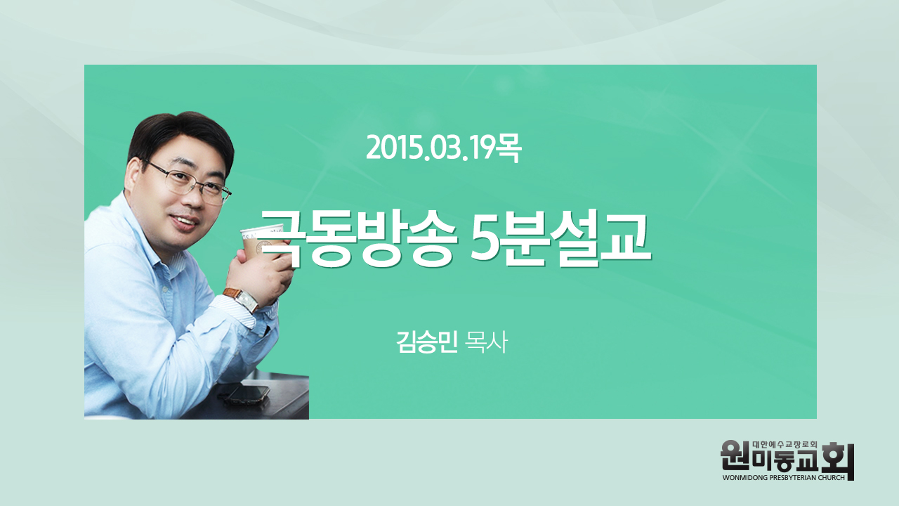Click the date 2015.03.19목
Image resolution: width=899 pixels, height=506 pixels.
coord(443,148)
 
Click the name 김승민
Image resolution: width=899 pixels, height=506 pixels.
coord(426,342)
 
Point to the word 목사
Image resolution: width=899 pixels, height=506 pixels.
coord(486,342)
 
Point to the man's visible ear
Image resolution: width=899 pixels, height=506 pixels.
coord(133,176)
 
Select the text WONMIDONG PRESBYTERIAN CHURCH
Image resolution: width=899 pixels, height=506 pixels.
coord(783,477)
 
